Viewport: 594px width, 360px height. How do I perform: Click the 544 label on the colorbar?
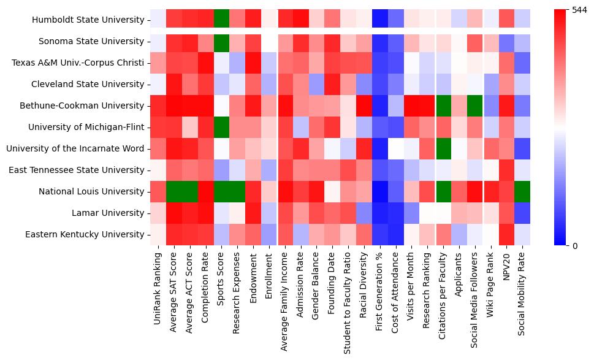click(579, 10)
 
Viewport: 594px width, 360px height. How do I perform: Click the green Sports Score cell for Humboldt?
click(221, 20)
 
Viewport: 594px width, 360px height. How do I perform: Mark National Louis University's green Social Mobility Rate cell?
click(522, 191)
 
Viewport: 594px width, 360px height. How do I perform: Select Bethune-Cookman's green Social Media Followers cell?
click(474, 105)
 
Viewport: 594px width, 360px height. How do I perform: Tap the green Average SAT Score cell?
click(173, 191)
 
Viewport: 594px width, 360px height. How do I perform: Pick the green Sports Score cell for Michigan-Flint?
click(221, 127)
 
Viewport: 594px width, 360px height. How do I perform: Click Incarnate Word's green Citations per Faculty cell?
click(442, 148)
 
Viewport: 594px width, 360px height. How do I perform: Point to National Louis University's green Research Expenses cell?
click(237, 191)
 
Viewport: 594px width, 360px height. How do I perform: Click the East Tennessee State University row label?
click(76, 170)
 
